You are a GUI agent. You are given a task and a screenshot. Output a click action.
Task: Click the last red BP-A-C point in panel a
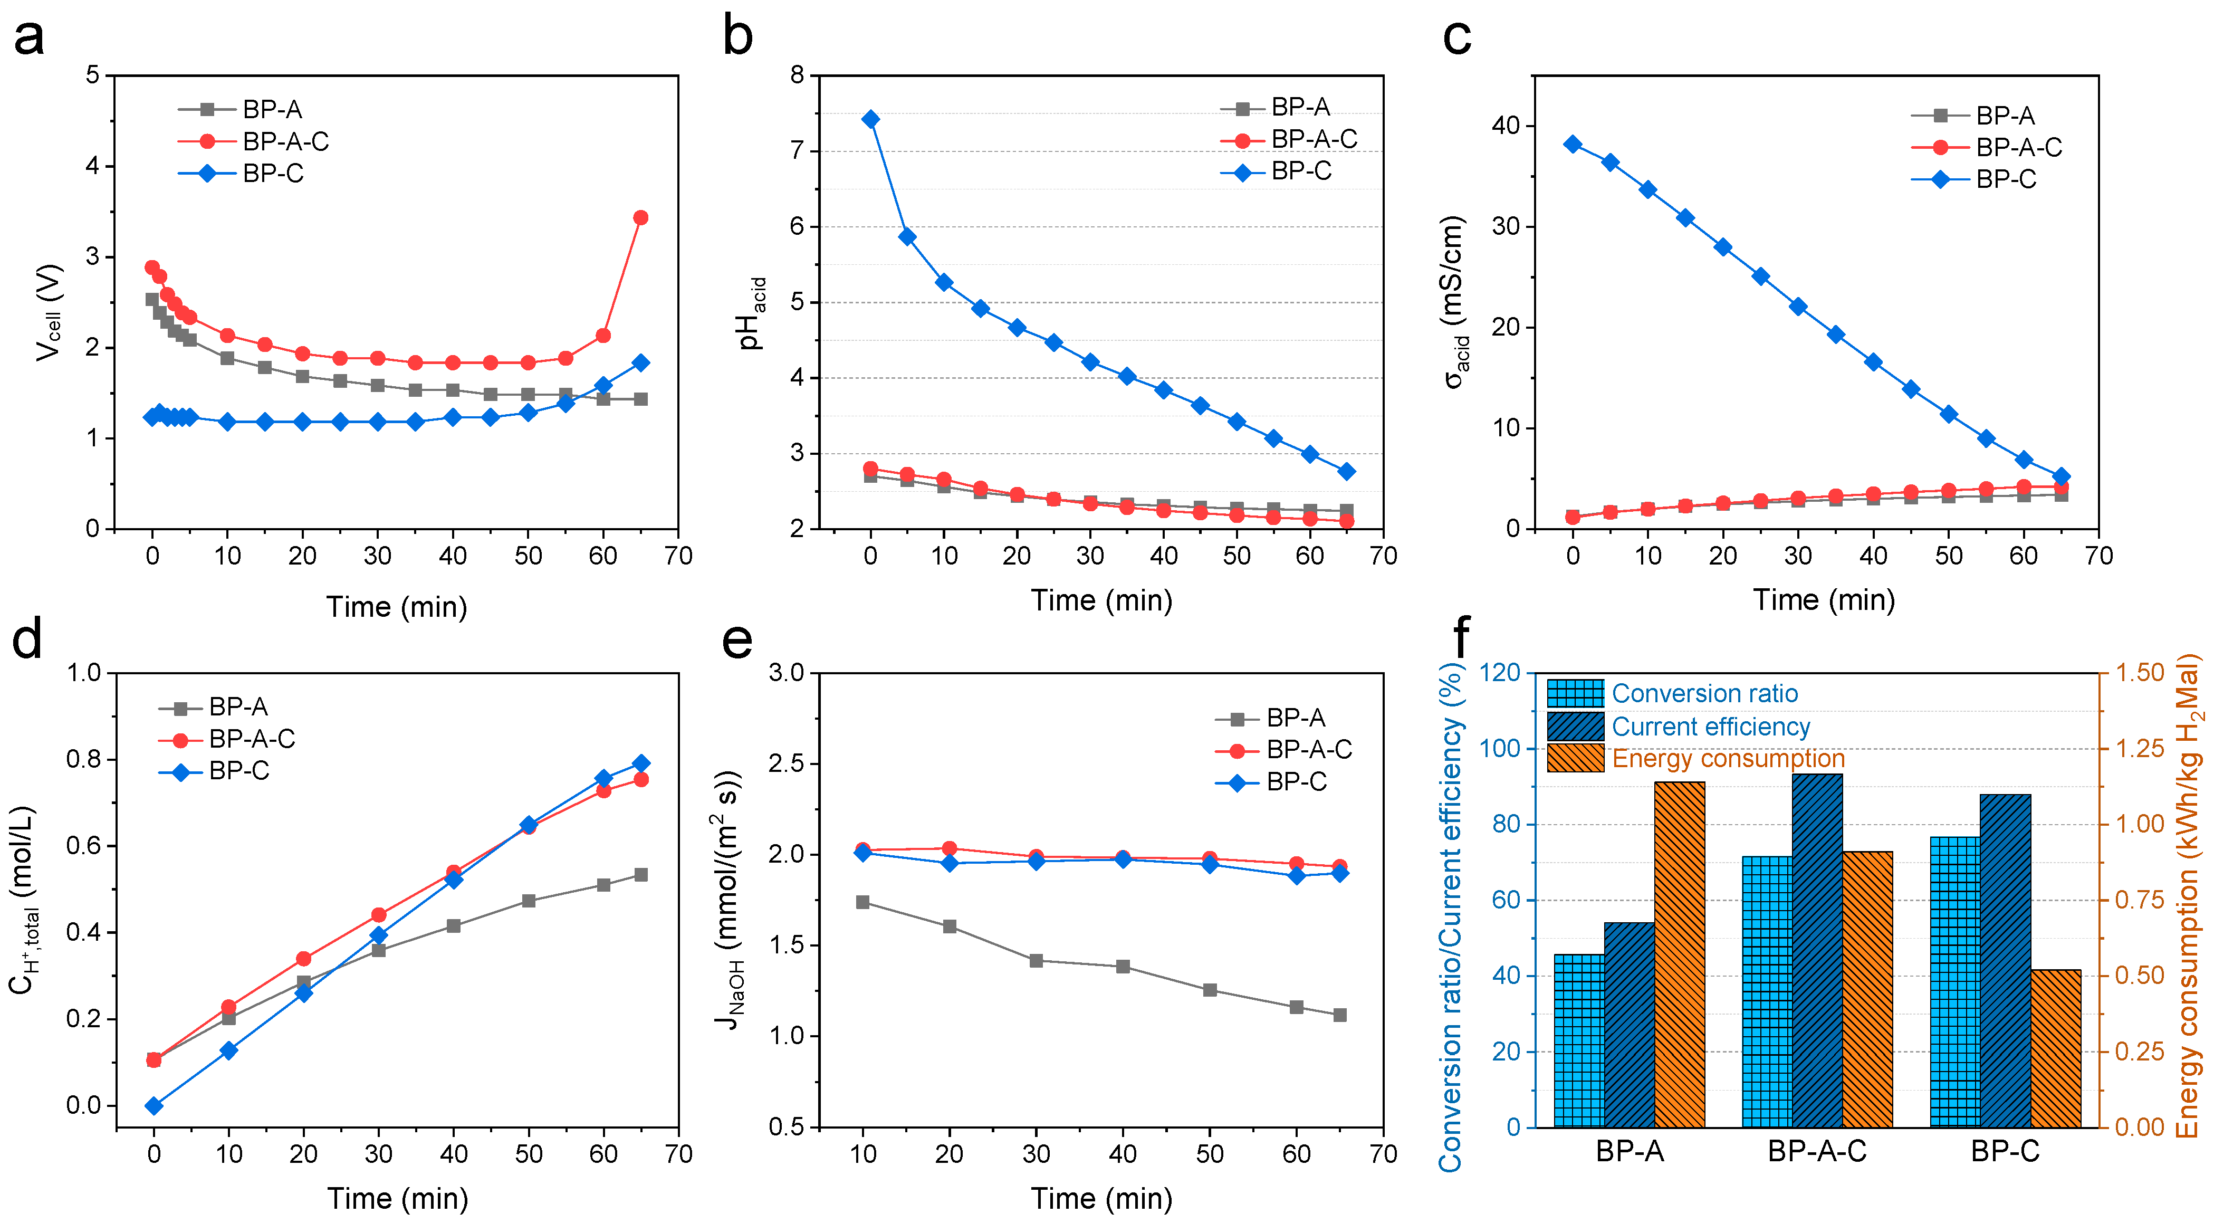(640, 217)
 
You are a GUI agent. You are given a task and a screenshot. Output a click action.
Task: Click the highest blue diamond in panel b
(870, 119)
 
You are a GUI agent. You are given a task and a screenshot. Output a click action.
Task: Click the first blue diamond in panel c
(1573, 144)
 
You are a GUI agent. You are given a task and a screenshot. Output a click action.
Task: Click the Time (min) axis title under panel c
(1824, 600)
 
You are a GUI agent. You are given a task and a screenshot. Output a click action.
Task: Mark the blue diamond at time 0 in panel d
(154, 1106)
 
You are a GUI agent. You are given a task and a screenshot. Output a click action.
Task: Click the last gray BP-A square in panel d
(640, 875)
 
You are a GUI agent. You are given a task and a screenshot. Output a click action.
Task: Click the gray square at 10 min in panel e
(863, 902)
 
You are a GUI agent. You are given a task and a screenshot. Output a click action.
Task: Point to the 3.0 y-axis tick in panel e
(787, 673)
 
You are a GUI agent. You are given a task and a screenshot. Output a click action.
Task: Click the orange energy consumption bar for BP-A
(1680, 954)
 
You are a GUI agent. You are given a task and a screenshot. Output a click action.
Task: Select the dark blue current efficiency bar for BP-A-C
(1817, 950)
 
